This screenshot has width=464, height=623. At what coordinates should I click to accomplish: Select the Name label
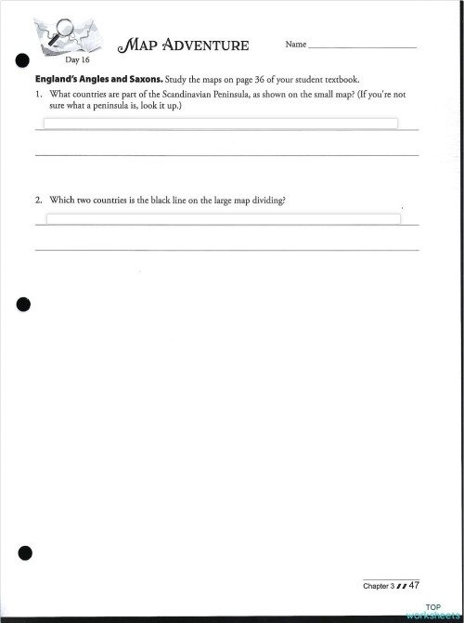pyautogui.click(x=295, y=45)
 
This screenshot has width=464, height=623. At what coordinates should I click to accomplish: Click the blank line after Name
pyautogui.click(x=362, y=46)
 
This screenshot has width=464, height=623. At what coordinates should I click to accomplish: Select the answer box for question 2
pyautogui.click(x=223, y=219)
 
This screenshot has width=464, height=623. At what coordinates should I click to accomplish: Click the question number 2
pyautogui.click(x=38, y=200)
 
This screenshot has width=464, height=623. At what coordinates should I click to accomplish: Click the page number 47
pyautogui.click(x=414, y=586)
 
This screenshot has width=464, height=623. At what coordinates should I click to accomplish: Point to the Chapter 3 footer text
pyautogui.click(x=380, y=587)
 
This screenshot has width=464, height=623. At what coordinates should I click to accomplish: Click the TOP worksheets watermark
pyautogui.click(x=432, y=612)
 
